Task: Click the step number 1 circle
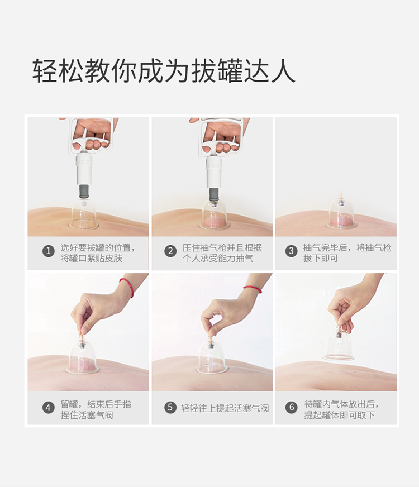(x=48, y=251)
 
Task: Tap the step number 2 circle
(x=170, y=251)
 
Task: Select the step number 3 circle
(x=291, y=251)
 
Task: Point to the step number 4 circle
(x=48, y=408)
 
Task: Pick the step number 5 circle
(x=170, y=407)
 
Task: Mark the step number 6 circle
(x=291, y=407)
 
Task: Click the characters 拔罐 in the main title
(x=217, y=70)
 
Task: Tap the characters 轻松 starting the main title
(x=58, y=70)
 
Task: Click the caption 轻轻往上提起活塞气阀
(x=225, y=408)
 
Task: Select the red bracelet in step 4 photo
(x=127, y=287)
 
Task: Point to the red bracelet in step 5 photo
(x=253, y=289)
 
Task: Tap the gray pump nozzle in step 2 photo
(x=213, y=195)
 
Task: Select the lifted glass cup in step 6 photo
(x=338, y=345)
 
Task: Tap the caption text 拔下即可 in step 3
(x=321, y=259)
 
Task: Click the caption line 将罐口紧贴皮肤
(x=91, y=259)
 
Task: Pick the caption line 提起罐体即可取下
(x=339, y=415)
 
